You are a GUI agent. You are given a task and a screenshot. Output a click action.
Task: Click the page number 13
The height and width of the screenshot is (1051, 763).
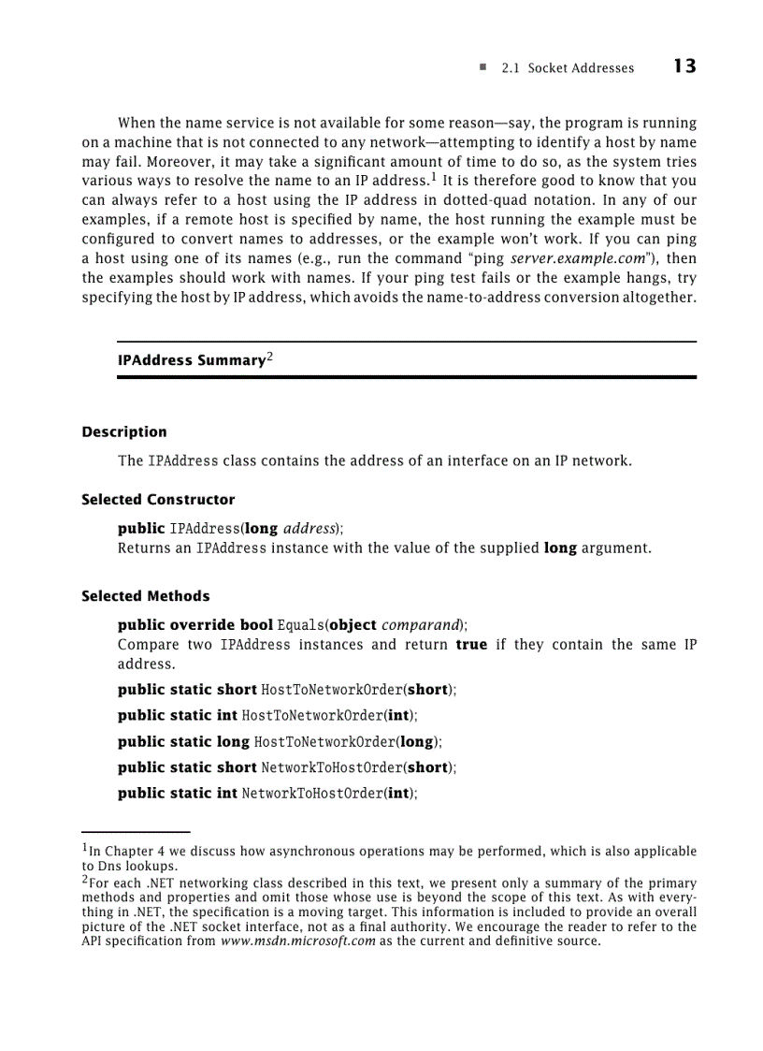tap(684, 66)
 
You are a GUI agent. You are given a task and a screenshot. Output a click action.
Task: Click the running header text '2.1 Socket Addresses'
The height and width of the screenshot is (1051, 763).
tap(567, 68)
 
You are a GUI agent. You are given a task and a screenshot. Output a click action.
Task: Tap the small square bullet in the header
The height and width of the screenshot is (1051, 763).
tap(482, 67)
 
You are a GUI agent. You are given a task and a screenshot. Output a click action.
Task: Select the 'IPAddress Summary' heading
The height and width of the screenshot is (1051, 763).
tap(192, 360)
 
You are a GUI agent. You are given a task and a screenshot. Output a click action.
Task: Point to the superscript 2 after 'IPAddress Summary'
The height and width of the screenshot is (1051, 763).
tap(269, 357)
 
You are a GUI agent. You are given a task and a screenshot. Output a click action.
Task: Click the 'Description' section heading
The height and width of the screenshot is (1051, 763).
tap(124, 432)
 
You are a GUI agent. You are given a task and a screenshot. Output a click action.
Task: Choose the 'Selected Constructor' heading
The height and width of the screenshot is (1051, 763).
tap(158, 500)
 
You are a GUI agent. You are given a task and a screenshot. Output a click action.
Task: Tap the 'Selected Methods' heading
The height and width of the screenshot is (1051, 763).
tap(146, 596)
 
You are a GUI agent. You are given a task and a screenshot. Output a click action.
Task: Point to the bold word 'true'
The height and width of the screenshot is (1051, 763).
tap(471, 645)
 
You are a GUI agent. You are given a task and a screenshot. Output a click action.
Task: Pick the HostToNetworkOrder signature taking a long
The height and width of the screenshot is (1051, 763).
tap(279, 742)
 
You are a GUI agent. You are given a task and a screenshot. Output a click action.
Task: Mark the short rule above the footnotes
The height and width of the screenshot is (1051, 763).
tap(136, 831)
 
